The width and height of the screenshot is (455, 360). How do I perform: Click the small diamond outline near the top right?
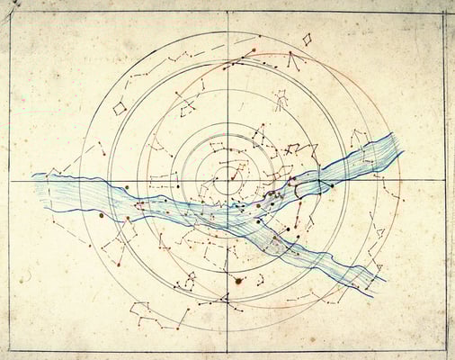coord(307,40)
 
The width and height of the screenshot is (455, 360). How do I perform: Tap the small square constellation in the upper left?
coord(119,108)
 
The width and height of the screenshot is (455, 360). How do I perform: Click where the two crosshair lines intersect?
coord(227,181)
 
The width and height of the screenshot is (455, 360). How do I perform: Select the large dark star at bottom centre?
coord(238,281)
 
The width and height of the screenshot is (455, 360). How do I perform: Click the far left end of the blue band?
coord(33,176)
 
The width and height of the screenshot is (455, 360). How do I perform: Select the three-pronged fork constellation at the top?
coord(293,61)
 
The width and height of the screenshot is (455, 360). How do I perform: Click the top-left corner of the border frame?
coord(11,13)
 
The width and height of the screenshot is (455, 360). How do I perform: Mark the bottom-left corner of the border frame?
coord(11,350)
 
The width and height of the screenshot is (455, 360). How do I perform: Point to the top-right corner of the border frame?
coord(444,13)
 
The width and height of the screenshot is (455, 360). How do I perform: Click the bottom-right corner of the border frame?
coord(444,350)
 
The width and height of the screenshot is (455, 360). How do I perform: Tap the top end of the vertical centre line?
coord(227,13)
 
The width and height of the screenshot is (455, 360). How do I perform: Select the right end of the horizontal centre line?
coord(444,180)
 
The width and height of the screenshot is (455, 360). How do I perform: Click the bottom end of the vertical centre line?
coord(227,350)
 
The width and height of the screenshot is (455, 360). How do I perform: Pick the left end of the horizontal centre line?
coord(11,181)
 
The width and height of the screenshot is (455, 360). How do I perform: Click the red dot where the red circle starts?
coord(254,50)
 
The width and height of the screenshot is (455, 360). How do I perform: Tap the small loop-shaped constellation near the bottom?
coord(190,286)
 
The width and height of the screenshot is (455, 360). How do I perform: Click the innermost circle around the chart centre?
coord(227,171)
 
